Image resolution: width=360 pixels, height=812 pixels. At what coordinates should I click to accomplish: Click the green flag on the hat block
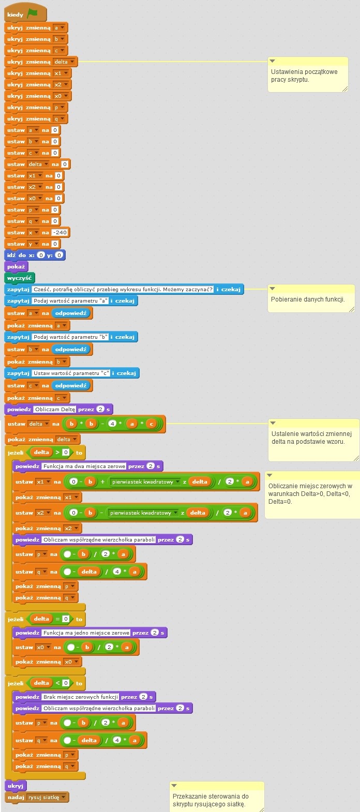tap(33, 14)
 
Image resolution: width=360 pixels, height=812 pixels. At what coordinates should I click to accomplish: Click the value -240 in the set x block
tap(60, 233)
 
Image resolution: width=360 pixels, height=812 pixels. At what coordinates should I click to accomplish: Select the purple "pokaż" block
tap(16, 267)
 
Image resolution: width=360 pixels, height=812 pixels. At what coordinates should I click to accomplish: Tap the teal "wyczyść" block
tap(20, 278)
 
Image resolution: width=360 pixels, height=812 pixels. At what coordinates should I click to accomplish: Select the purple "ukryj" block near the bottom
tap(16, 786)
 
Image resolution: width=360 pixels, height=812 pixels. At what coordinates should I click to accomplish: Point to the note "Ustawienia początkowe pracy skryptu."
tap(308, 76)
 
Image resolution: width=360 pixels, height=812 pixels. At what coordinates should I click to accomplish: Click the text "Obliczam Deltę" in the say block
tap(55, 409)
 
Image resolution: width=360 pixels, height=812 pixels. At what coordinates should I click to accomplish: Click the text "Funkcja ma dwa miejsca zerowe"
tap(84, 466)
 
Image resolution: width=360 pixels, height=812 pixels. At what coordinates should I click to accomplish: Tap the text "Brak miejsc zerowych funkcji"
tap(81, 697)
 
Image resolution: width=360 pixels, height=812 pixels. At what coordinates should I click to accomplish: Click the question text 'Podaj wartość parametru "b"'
tap(70, 337)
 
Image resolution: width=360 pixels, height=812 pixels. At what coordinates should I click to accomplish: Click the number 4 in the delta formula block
tap(112, 424)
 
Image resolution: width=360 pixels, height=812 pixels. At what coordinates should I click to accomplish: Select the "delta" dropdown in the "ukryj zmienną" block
tap(65, 62)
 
